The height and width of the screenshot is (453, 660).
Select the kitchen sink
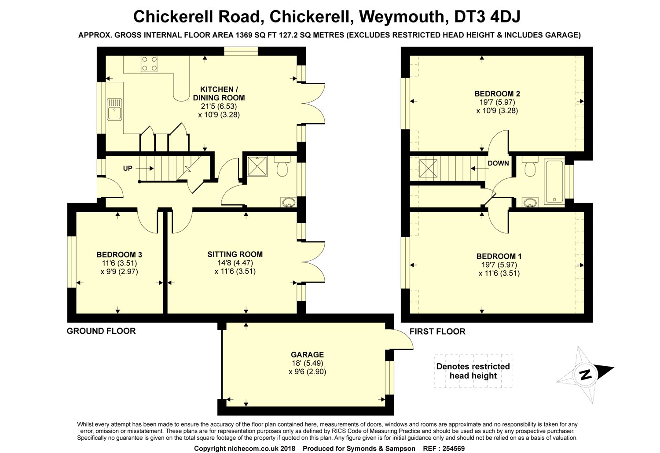[114, 109]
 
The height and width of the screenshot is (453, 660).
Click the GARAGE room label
[307, 354]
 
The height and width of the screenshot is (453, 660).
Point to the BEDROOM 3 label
[119, 254]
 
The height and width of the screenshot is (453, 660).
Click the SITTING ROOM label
[235, 254]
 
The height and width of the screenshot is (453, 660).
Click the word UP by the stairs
[128, 168]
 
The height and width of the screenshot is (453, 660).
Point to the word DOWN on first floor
[498, 163]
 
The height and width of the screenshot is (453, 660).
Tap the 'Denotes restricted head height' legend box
[473, 371]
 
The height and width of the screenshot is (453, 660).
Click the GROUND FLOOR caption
[101, 331]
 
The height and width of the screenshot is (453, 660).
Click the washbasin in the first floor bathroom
[530, 202]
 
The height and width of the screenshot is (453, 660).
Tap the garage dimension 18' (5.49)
[307, 363]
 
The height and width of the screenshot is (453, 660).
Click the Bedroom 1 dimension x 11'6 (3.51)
[499, 273]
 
